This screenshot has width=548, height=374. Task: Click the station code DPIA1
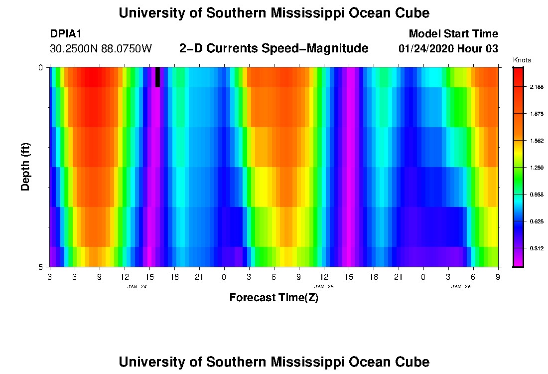[x=66, y=34]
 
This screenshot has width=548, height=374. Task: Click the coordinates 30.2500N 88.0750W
[x=101, y=49]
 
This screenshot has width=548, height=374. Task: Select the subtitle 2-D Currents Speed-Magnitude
[x=274, y=48]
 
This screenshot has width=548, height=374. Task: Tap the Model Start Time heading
[x=453, y=34]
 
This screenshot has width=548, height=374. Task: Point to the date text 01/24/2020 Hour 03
[x=448, y=49]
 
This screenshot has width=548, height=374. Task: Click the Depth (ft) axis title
[x=26, y=167]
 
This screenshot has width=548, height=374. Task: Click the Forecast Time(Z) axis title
[x=274, y=298]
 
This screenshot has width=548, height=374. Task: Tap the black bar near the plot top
[x=158, y=77]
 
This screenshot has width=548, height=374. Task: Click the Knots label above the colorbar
[x=522, y=60]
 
